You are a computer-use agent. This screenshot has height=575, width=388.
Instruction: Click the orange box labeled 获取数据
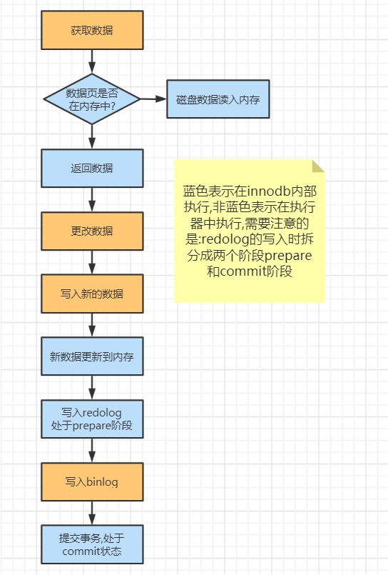tap(92, 30)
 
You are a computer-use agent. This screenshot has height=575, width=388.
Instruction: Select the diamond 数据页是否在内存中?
tap(92, 99)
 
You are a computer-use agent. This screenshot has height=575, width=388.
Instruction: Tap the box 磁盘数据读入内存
tap(218, 99)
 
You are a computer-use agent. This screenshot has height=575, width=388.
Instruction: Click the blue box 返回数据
tap(92, 168)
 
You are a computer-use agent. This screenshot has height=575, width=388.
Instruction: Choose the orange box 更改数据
tap(92, 231)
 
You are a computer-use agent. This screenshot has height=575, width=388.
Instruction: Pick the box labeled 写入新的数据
tap(92, 293)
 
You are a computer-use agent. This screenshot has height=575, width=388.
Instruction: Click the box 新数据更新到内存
tap(92, 356)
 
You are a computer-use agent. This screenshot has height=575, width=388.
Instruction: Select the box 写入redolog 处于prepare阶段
tap(92, 419)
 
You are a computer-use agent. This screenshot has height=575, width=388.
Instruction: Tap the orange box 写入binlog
tap(92, 481)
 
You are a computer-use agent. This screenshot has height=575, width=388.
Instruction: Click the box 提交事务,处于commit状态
tap(92, 544)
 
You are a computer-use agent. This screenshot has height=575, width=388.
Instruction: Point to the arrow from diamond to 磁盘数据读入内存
tap(153, 99)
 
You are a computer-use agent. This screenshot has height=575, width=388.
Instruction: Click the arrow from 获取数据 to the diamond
tap(92, 61)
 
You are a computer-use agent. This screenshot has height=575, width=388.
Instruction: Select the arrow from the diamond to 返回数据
tap(92, 136)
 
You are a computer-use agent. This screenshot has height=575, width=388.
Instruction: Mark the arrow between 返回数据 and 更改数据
tap(92, 199)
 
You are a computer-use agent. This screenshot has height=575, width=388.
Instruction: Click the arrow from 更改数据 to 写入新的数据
tap(92, 262)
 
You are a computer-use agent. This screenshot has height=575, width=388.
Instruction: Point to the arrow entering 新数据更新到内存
tap(92, 325)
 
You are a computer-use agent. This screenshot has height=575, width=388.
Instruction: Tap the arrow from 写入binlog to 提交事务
tap(92, 513)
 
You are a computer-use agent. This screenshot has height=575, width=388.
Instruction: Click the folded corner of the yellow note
tap(319, 166)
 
